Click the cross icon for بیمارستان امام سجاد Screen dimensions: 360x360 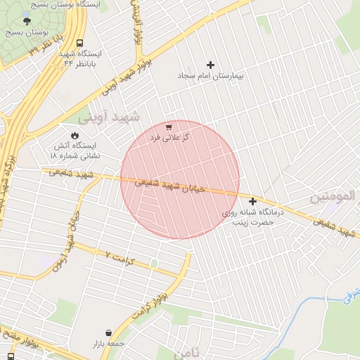click(x=210, y=65)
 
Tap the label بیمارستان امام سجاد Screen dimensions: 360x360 click(x=210, y=75)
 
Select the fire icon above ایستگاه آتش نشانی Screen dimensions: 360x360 click(x=75, y=135)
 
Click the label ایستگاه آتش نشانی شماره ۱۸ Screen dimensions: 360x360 click(x=77, y=150)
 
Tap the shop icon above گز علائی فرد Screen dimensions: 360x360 click(x=168, y=127)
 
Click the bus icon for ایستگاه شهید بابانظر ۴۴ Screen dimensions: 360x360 click(x=79, y=44)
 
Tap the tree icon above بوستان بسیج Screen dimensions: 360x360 click(x=27, y=22)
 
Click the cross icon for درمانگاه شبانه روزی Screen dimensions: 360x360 click(x=252, y=202)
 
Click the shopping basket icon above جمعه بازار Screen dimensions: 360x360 click(x=108, y=333)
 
